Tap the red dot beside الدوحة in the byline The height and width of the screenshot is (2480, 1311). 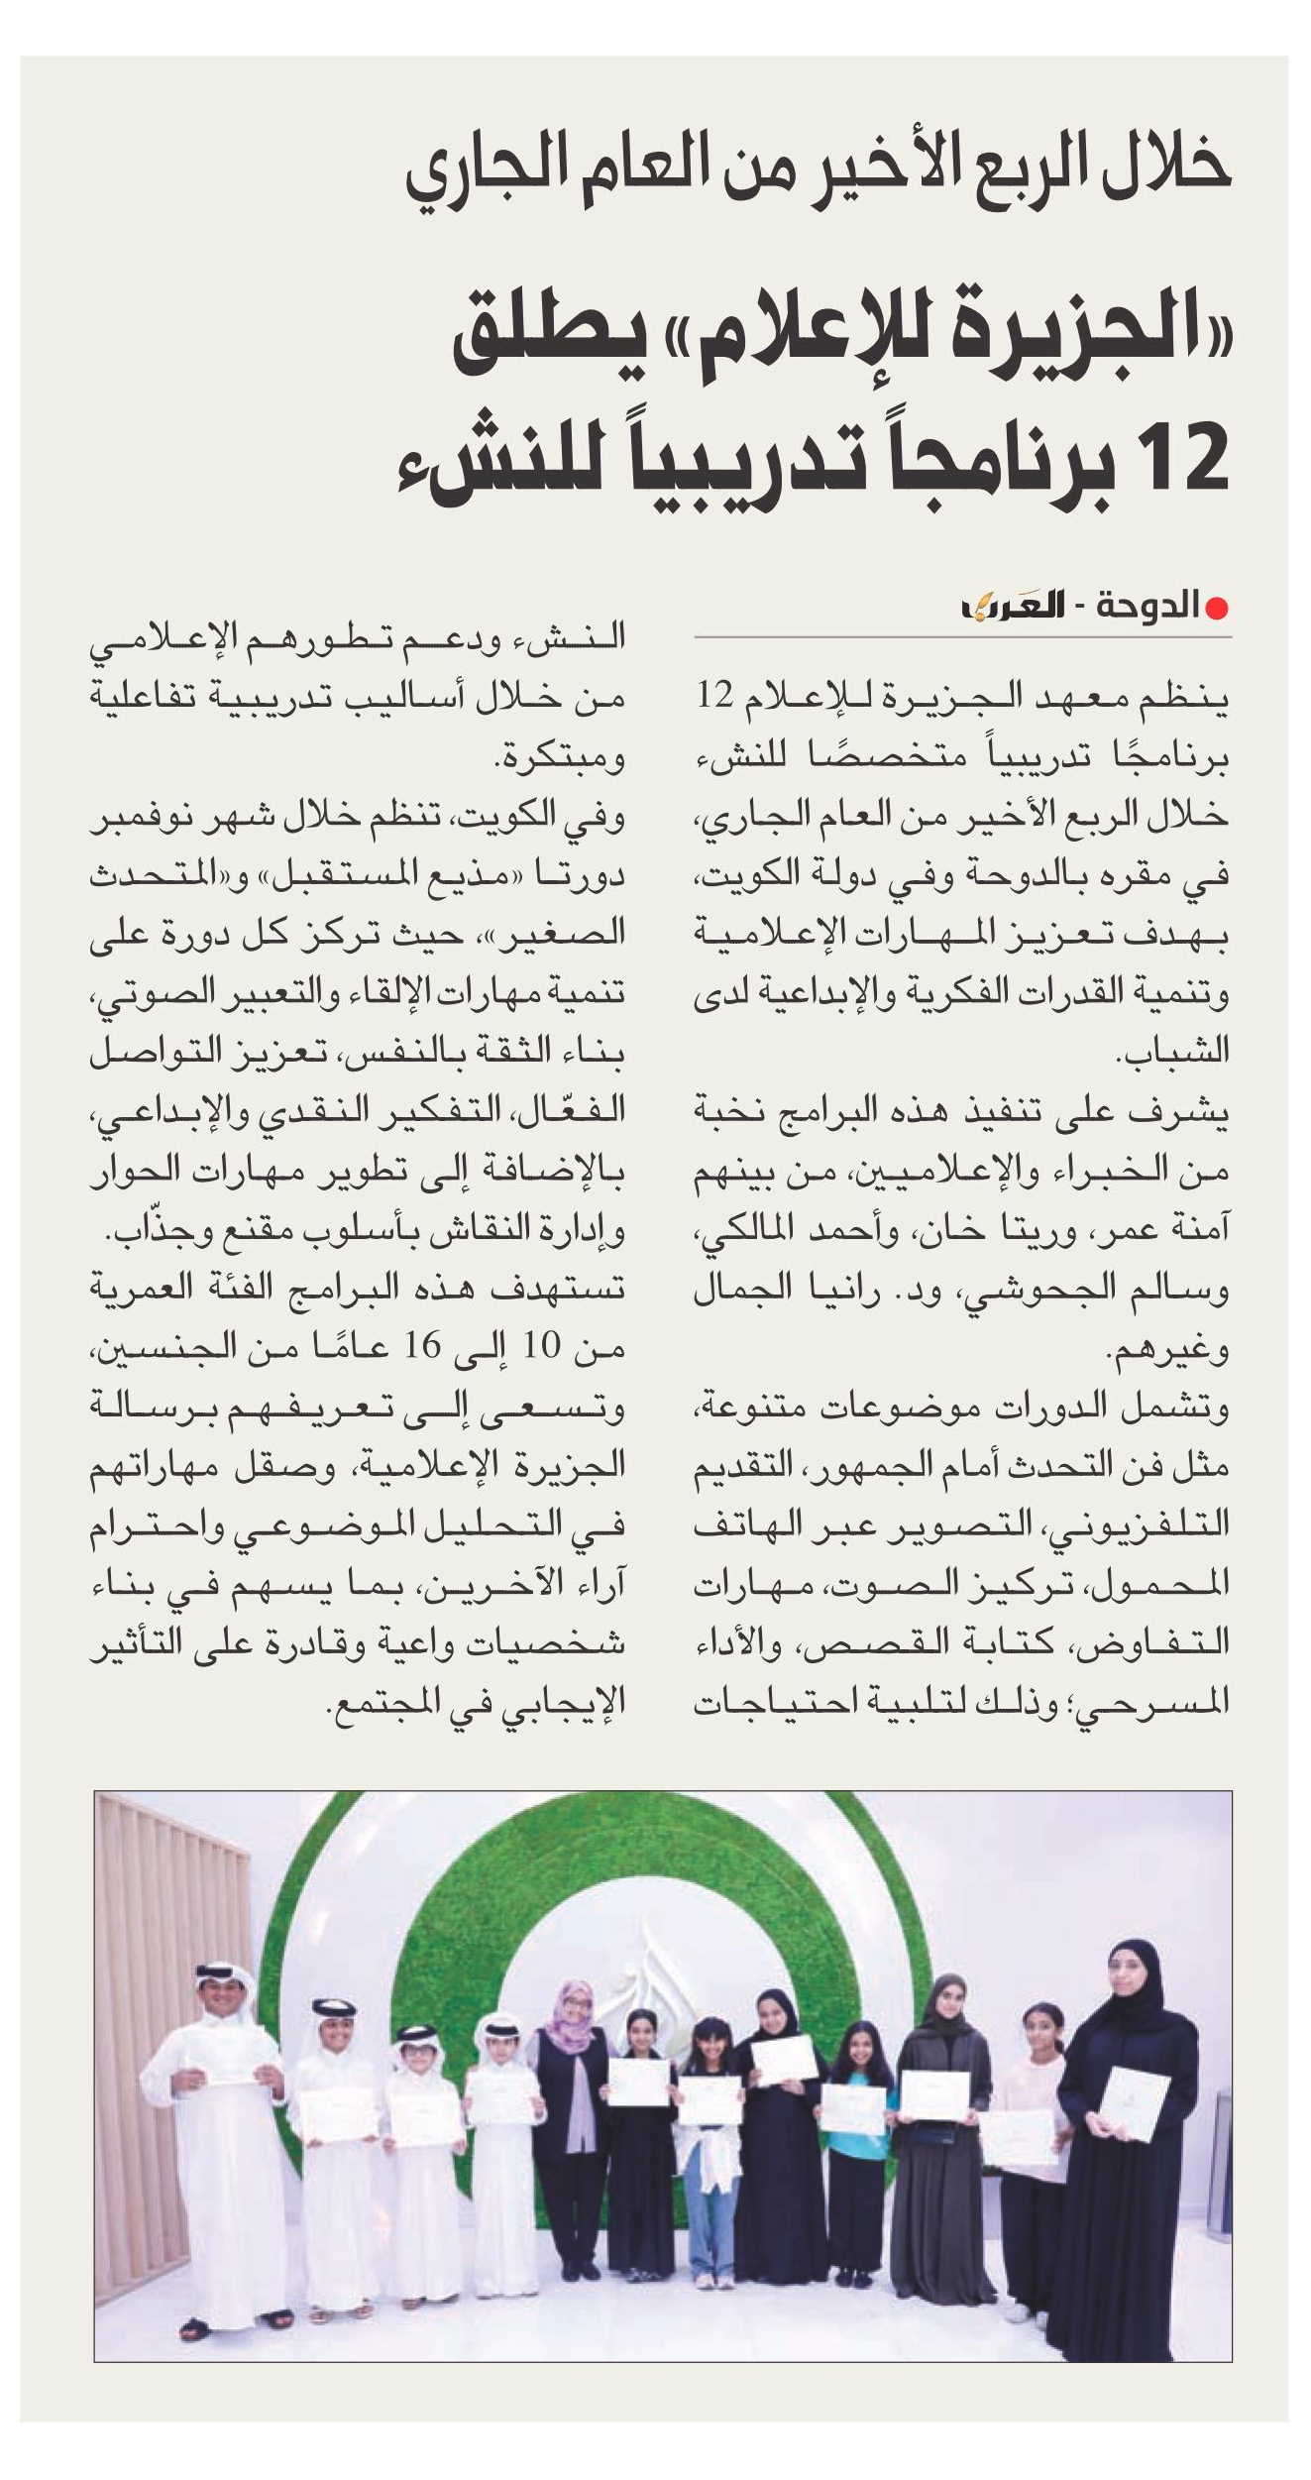(1218, 607)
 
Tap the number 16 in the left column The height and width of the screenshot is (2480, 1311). (422, 1346)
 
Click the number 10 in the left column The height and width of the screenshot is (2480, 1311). (542, 1346)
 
